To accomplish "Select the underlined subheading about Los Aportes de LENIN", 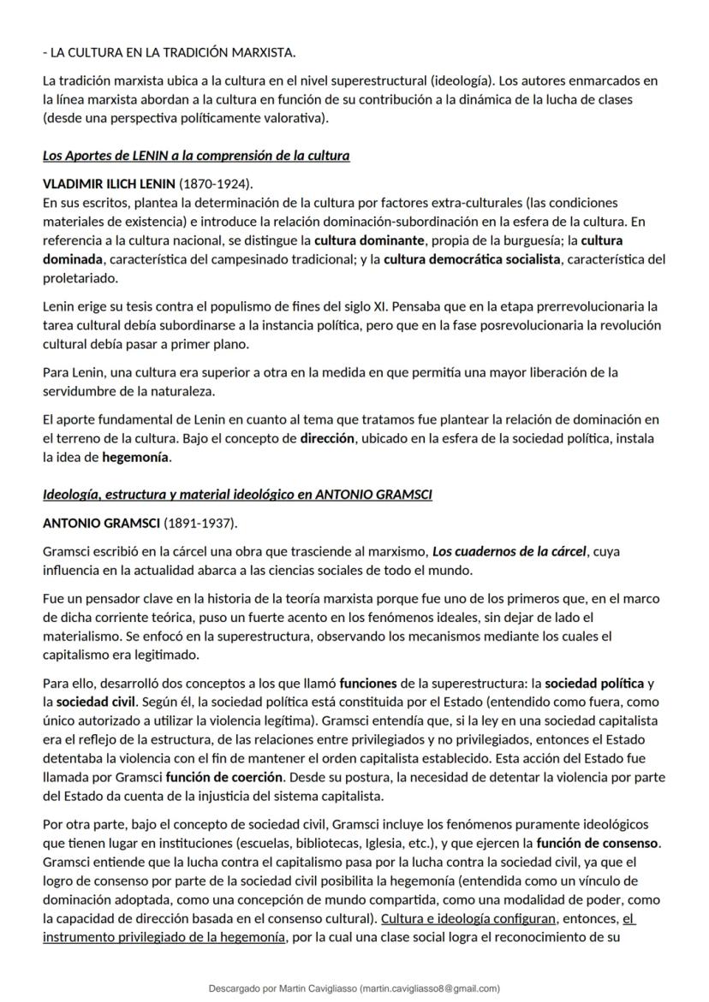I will coord(196,156).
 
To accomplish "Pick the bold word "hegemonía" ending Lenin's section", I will coord(136,457).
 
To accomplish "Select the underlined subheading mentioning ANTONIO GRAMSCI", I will coord(237,495).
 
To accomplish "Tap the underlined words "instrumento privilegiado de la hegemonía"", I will coord(164,937).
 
